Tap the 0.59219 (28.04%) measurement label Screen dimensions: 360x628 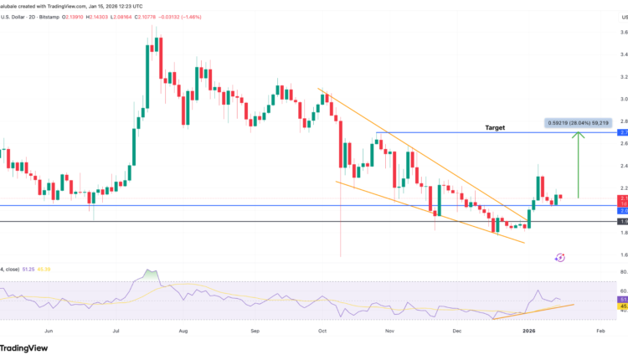580,122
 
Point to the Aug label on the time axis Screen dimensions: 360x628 183,332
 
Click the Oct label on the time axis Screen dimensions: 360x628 322,332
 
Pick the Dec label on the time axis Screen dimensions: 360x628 457,332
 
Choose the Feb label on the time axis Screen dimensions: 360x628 600,332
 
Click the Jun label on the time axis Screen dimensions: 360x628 49,332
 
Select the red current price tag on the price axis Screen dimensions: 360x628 622,198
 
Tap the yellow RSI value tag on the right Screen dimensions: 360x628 622,307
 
